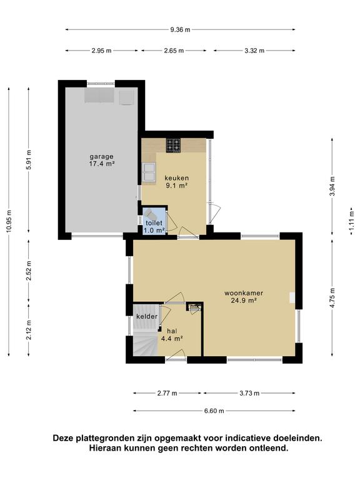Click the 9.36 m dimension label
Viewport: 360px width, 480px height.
coord(180,30)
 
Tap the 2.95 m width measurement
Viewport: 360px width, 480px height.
coord(101,51)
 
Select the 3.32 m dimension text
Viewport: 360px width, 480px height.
coord(254,51)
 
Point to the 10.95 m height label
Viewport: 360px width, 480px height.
coord(9,222)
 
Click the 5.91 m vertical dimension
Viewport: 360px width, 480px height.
coord(29,160)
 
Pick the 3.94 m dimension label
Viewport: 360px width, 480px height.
coord(332,186)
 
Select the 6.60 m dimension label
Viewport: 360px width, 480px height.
coord(214,411)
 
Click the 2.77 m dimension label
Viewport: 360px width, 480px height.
coord(167,393)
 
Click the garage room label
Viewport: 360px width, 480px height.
coord(101,157)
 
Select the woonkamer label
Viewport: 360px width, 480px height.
coord(244,293)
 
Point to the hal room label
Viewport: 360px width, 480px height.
coord(172,331)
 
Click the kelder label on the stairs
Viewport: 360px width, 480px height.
coord(147,316)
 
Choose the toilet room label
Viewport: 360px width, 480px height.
coord(154,223)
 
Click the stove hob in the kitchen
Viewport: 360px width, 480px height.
coord(173,146)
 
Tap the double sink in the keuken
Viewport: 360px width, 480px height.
coord(149,172)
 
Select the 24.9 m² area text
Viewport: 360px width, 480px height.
coord(244,300)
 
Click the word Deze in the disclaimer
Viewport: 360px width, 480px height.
coord(63,438)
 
